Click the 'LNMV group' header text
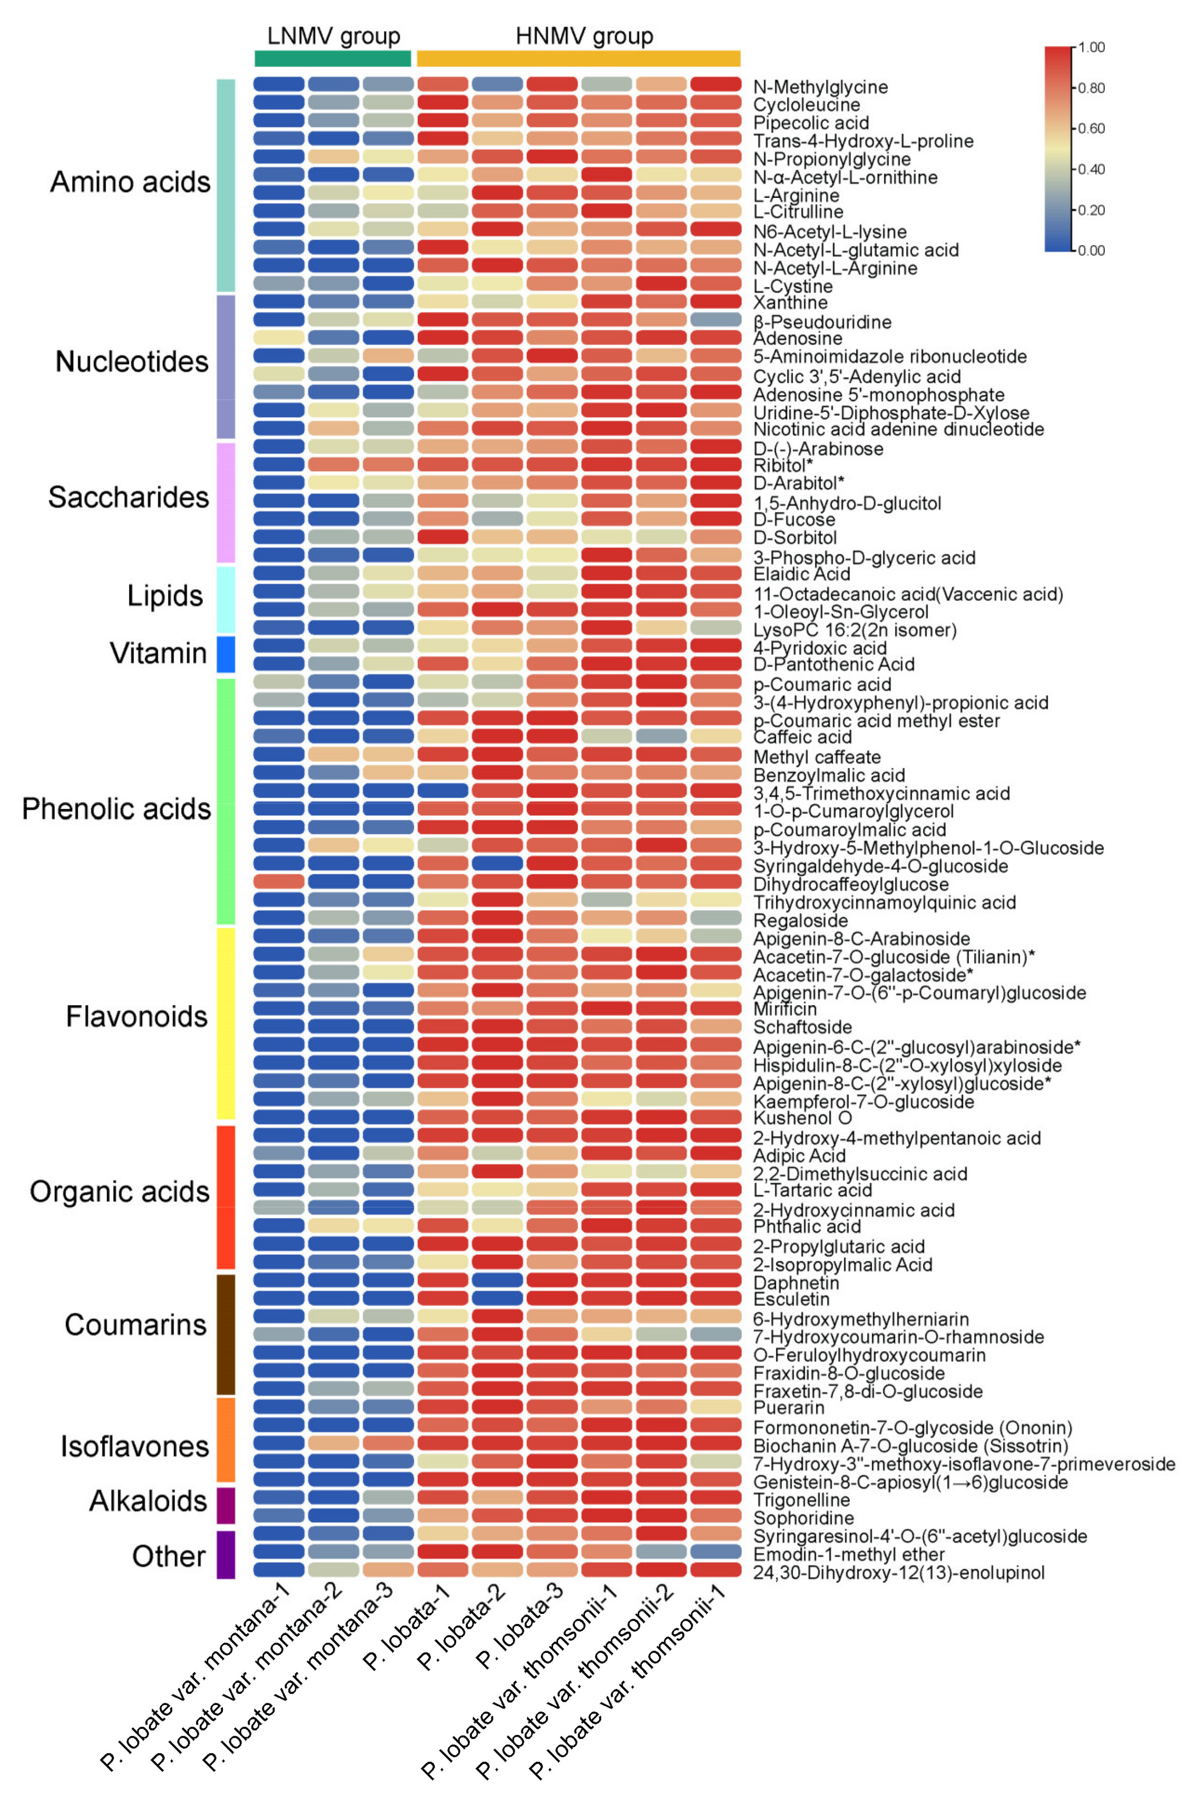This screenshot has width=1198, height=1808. (333, 36)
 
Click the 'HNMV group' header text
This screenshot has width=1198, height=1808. (585, 36)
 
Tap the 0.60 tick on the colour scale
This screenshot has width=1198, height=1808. (1090, 129)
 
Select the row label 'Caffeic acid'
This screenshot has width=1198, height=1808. (802, 738)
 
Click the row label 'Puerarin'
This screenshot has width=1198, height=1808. (788, 1408)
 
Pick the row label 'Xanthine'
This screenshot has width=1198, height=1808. (790, 303)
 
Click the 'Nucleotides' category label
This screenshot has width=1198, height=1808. (131, 361)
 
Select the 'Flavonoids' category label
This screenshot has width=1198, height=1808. (136, 1016)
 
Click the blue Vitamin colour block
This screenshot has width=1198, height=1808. (225, 654)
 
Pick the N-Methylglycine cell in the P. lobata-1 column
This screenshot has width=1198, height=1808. (442, 84)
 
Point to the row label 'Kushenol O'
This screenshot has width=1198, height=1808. (802, 1118)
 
